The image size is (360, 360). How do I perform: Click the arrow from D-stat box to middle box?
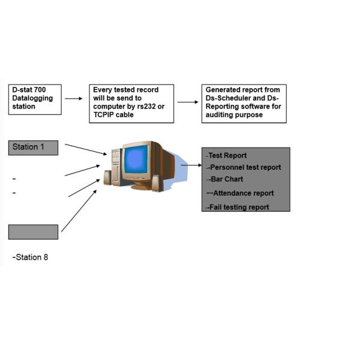click(x=74, y=98)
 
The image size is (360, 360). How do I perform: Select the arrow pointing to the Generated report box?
click(x=188, y=102)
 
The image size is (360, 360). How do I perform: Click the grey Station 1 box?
click(x=33, y=148)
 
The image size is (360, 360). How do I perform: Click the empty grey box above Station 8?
click(x=33, y=232)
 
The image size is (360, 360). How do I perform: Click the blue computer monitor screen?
click(x=136, y=159)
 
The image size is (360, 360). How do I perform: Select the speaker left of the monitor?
click(x=108, y=177)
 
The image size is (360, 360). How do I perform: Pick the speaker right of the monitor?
click(x=155, y=182)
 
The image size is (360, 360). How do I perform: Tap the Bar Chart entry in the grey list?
click(x=226, y=179)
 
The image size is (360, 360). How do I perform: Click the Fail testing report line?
click(x=238, y=207)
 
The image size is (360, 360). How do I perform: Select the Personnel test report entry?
click(x=244, y=167)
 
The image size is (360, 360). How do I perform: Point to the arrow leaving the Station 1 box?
click(x=85, y=149)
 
